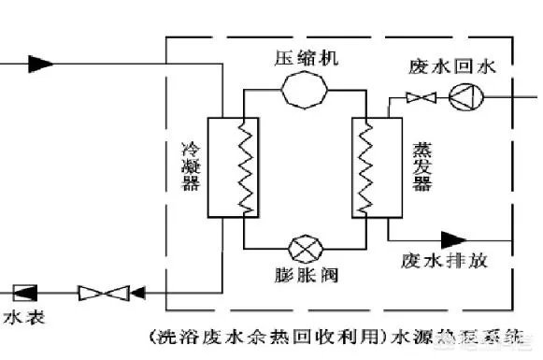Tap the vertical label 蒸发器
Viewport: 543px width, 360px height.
click(419, 167)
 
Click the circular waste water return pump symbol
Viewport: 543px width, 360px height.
click(462, 95)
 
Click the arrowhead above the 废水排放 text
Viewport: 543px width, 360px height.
click(454, 239)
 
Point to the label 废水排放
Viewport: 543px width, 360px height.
click(444, 261)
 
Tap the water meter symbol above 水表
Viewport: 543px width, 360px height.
click(24, 293)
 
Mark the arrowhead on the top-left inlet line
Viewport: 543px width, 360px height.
click(40, 64)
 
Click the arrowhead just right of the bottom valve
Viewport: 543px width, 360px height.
click(138, 293)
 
